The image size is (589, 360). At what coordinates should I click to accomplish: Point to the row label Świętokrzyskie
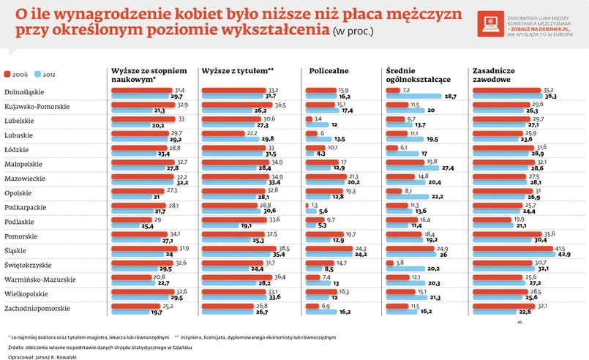tap(30, 263)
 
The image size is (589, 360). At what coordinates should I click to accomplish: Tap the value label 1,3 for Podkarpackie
tap(315, 206)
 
